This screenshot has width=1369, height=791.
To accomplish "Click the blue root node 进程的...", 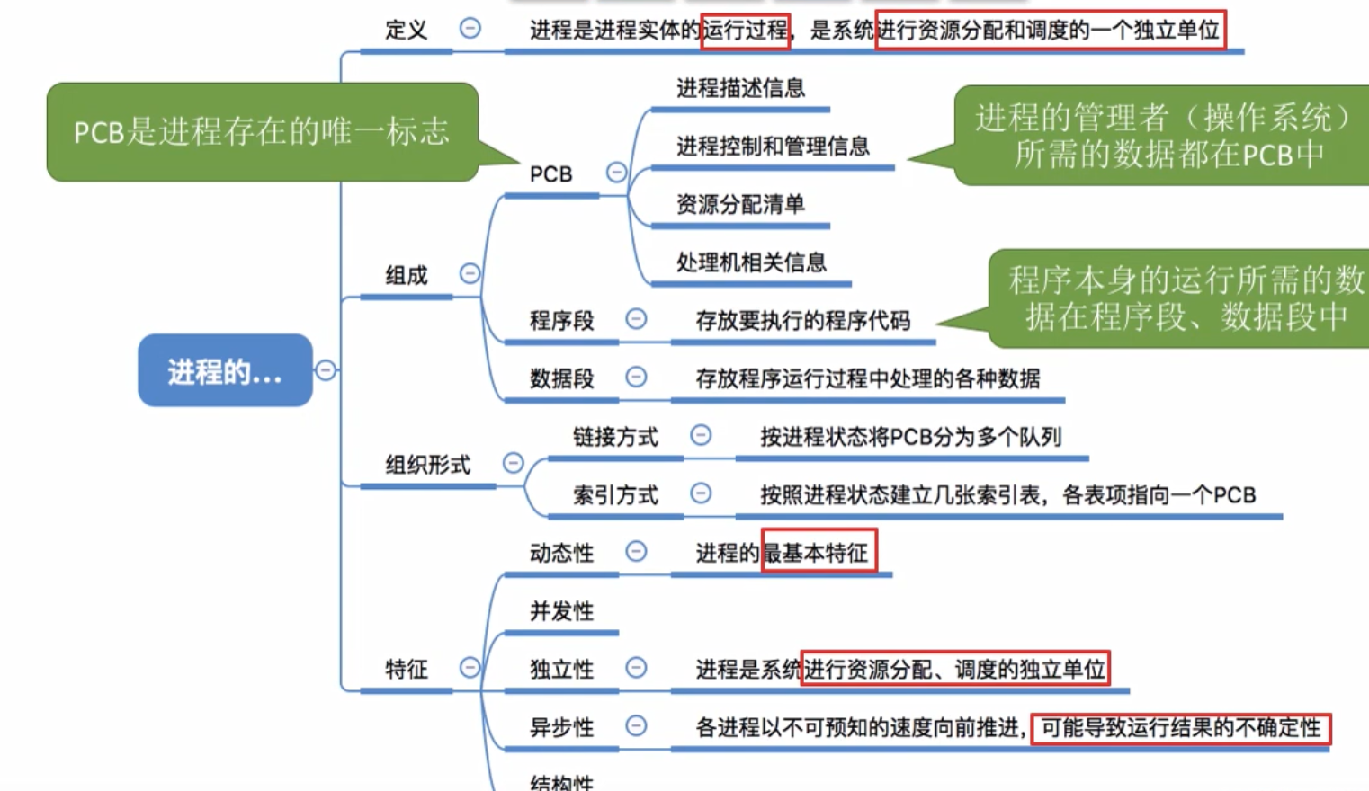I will tap(225, 370).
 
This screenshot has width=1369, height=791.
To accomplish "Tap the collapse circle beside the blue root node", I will tap(326, 370).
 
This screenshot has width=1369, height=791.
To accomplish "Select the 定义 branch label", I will tap(406, 30).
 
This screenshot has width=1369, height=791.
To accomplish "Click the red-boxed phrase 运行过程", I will tap(745, 31).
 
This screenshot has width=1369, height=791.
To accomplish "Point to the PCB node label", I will tap(550, 173).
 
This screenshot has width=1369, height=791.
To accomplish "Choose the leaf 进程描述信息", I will tap(740, 88).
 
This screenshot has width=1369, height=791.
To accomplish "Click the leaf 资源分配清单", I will tap(740, 205).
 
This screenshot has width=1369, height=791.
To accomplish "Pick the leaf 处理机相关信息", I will tap(751, 262).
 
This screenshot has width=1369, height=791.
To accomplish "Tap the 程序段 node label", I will tap(561, 320).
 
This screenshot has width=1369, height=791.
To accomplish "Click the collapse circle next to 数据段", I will tap(636, 378).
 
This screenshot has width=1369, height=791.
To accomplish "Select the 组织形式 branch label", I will tap(427, 465).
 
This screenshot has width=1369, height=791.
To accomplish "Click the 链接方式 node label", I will tap(615, 437).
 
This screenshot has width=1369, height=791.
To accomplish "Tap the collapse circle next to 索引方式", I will tap(701, 493).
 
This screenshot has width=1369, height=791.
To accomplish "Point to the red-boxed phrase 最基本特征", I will tap(818, 552).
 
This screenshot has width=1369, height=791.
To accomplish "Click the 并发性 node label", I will tap(561, 611).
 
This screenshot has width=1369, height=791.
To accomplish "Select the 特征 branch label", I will tap(406, 669).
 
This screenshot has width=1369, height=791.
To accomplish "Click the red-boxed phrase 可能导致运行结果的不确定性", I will tap(1180, 727).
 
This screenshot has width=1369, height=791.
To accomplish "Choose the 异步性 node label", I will tap(561, 727).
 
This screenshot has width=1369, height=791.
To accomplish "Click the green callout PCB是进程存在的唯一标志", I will tap(262, 132).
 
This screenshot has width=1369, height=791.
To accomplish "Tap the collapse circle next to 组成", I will tap(470, 273).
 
